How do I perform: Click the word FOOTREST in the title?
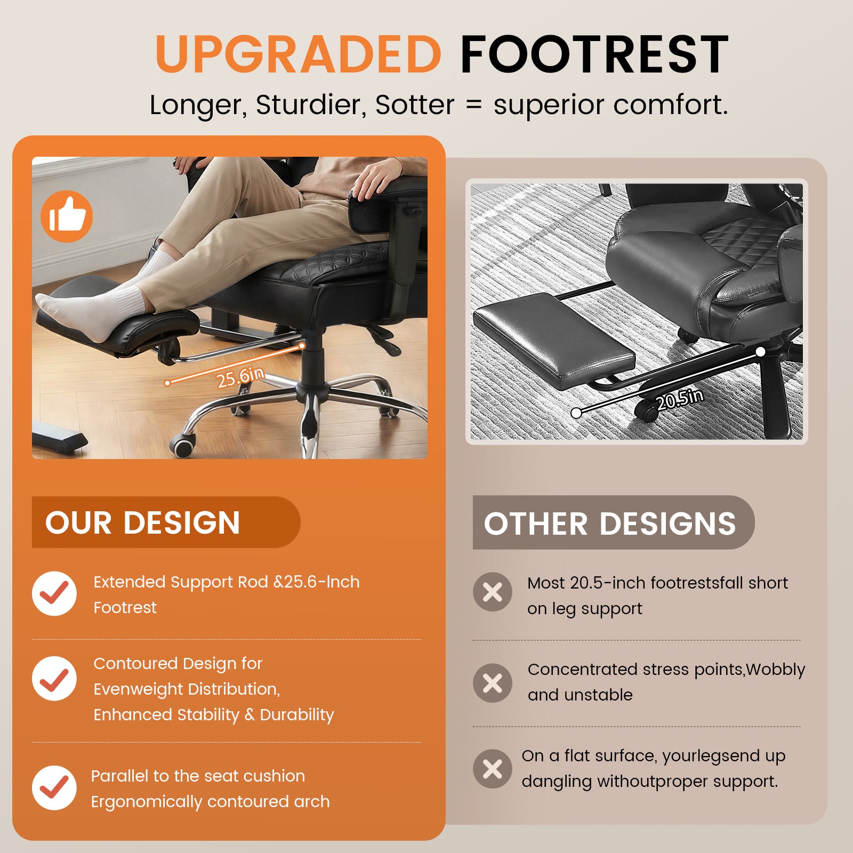point(594,54)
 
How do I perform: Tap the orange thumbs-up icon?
point(67,216)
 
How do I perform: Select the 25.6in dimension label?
point(240,377)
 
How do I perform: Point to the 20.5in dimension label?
point(680,399)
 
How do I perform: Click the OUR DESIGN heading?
point(143,522)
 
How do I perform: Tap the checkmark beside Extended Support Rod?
point(54,593)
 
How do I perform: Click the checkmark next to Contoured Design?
point(54,678)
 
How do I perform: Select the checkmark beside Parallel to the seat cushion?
point(54,787)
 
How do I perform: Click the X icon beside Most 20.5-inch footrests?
point(492,592)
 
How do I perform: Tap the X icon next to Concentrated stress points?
point(492,683)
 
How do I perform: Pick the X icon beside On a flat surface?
point(492,769)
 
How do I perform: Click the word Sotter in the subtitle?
point(415,104)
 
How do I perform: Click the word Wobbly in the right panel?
point(776,670)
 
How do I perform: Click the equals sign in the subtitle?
point(473,105)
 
